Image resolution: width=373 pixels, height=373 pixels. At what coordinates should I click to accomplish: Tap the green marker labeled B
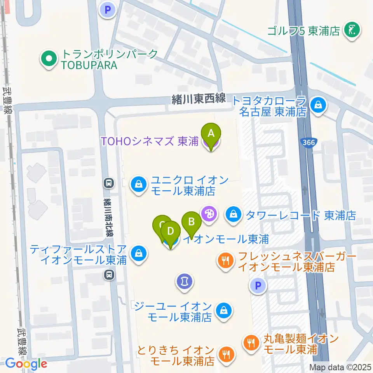coord(191,223)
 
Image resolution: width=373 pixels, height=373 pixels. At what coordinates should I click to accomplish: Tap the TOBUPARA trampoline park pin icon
coord(49,59)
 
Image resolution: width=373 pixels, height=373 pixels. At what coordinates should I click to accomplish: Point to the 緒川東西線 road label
coord(199,99)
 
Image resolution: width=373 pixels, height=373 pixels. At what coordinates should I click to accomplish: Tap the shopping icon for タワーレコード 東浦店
coord(234,214)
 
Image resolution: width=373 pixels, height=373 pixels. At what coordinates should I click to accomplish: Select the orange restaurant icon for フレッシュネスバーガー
coord(226,260)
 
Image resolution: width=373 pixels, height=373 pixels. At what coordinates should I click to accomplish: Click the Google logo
coord(26,364)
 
